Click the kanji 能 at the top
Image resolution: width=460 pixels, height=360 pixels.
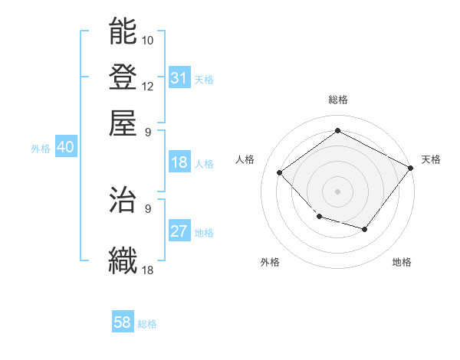pos(123,31)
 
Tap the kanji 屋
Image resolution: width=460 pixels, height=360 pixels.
pos(123,123)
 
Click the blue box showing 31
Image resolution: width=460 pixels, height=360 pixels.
pos(179,78)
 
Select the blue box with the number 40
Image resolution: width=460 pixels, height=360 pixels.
pos(65,148)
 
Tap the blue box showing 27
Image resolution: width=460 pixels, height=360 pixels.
pos(179,232)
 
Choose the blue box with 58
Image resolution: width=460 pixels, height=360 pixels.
pos(123,323)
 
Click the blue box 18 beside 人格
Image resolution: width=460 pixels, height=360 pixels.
pos(179,162)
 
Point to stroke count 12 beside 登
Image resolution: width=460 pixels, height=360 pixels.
pos(148,86)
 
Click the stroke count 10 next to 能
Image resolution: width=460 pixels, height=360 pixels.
pos(148,40)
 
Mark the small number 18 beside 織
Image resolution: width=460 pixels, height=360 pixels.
pos(148,270)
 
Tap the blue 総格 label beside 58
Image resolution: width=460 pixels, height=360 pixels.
pos(147,325)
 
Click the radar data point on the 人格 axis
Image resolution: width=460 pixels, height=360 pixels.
pos(280,173)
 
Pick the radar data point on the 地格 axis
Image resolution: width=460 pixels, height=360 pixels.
pos(364,229)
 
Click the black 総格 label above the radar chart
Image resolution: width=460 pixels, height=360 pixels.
pos(337,100)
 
